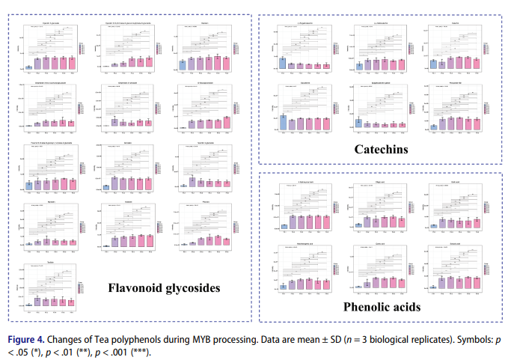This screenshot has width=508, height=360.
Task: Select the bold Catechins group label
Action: click(381, 150)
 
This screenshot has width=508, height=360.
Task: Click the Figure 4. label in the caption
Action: click(28, 339)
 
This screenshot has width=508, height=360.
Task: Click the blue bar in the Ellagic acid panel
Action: click(358, 225)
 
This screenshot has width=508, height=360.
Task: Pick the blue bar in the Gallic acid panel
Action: click(433, 225)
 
